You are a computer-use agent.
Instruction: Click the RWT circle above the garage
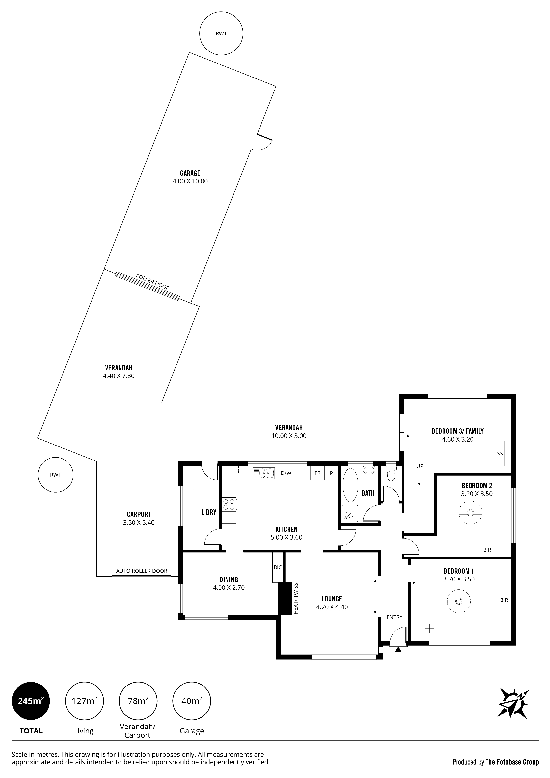(x=221, y=34)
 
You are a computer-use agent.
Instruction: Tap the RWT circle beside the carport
(x=56, y=475)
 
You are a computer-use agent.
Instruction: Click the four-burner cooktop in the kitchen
(x=229, y=504)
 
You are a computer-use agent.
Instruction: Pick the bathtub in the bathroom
(x=350, y=485)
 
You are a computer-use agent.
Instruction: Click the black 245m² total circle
(x=31, y=701)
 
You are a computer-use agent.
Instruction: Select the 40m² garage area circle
(x=192, y=701)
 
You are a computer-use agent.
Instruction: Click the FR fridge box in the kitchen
(x=317, y=473)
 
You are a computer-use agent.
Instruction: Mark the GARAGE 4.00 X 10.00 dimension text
(x=190, y=177)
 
